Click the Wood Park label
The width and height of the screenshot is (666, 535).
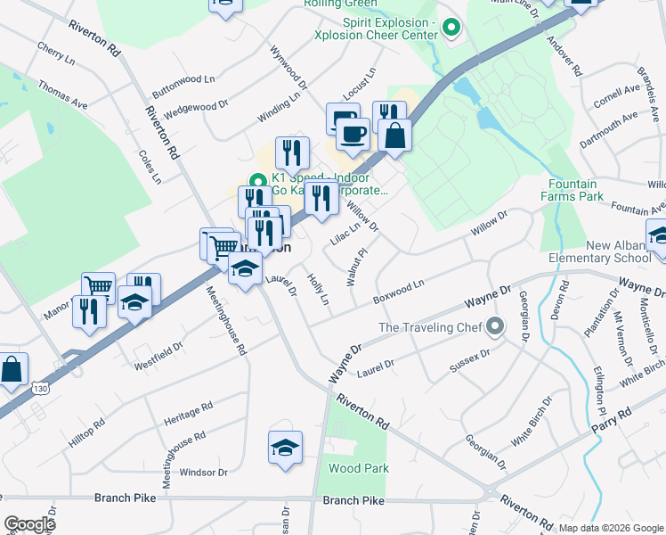pyautogui.click(x=359, y=468)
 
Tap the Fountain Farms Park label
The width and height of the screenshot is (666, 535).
pyautogui.click(x=584, y=190)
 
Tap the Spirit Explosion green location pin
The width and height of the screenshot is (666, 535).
pyautogui.click(x=451, y=29)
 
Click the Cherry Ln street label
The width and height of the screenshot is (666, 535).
pyautogui.click(x=55, y=52)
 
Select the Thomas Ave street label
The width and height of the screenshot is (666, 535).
pyautogui.click(x=62, y=95)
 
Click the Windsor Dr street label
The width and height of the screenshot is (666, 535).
pyautogui.click(x=203, y=472)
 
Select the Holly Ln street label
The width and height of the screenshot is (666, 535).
pyautogui.click(x=318, y=289)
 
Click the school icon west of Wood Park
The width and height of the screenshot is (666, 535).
pyautogui.click(x=286, y=449)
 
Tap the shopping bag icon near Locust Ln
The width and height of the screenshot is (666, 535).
pyautogui.click(x=394, y=136)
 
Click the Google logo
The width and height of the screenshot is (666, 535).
pyautogui.click(x=29, y=524)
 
